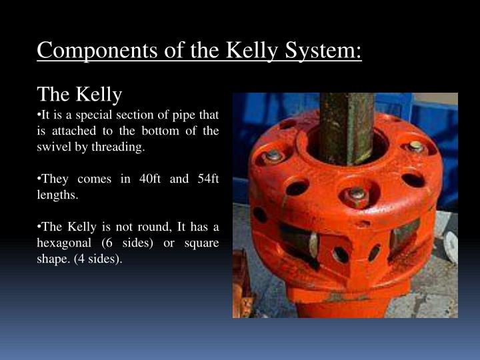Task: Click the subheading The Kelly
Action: click(80, 95)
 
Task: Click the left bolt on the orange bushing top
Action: click(273, 157)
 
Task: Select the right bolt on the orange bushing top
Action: click(415, 147)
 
